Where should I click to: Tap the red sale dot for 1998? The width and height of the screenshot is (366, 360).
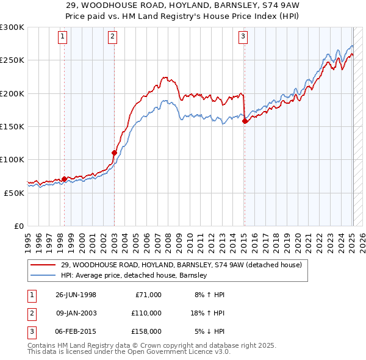[x=64, y=179]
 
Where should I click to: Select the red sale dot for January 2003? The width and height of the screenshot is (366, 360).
[x=114, y=153]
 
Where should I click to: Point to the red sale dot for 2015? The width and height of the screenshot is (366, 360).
[x=245, y=121]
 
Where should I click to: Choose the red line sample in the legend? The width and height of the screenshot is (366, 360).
[x=43, y=265]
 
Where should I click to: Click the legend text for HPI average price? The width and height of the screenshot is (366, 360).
[x=134, y=275]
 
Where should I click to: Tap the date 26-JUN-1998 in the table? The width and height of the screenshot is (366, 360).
[x=76, y=295]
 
